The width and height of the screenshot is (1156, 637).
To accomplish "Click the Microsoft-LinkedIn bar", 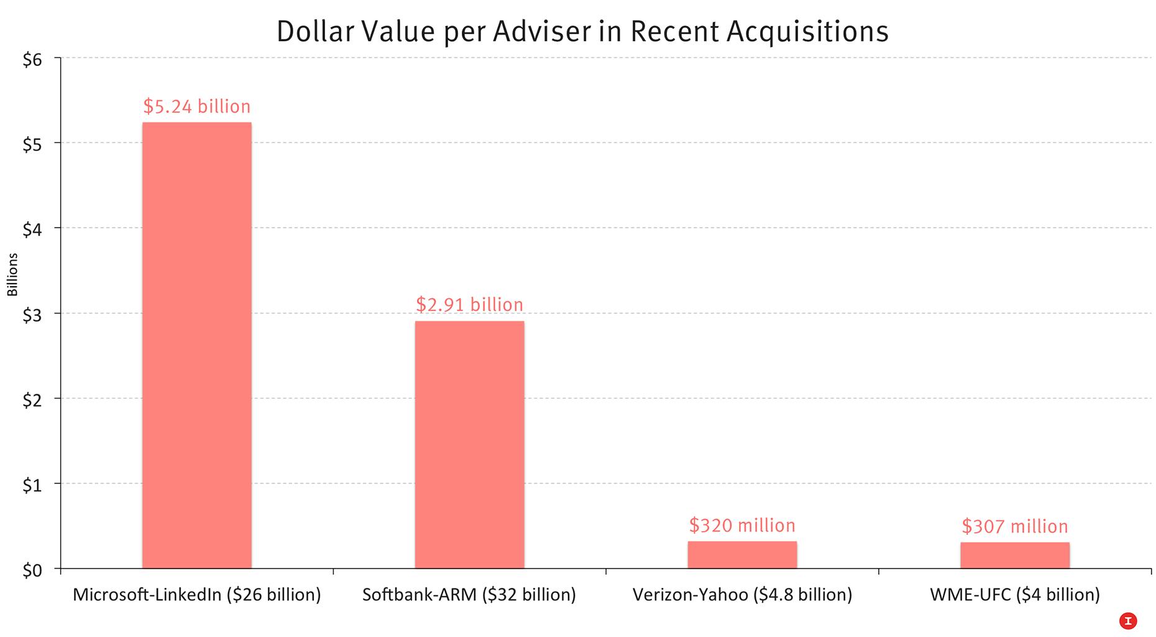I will (x=196, y=345).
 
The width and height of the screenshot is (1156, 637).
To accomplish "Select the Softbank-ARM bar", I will (x=469, y=444).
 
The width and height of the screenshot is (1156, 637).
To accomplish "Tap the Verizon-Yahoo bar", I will (x=742, y=555).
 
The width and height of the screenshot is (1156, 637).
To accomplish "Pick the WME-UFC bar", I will (x=1014, y=556).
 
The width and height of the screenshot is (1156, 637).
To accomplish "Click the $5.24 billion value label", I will (x=196, y=106).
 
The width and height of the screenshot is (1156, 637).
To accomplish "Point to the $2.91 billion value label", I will (x=469, y=305).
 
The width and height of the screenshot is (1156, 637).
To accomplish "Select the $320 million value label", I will (x=742, y=526).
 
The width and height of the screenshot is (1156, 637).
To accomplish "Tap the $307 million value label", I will (x=1014, y=527).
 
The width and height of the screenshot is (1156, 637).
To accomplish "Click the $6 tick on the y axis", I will (x=32, y=60).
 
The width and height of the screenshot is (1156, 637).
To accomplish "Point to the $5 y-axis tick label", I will (x=32, y=145).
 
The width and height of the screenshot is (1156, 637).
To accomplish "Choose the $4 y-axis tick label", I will (x=32, y=230).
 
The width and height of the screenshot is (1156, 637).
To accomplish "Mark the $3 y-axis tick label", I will (x=32, y=315).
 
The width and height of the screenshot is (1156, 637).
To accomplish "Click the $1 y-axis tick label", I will (x=32, y=485).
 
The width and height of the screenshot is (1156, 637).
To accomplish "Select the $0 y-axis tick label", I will (x=32, y=570).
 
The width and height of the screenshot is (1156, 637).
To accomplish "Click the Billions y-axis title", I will (x=12, y=274).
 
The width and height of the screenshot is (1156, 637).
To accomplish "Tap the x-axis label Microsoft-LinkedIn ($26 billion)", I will (x=196, y=595).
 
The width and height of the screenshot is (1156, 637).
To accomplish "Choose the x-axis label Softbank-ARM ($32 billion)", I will (x=469, y=595).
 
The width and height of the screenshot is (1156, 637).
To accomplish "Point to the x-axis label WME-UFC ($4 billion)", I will (x=1014, y=595).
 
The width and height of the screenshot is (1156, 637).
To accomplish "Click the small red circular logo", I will (x=1127, y=620).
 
